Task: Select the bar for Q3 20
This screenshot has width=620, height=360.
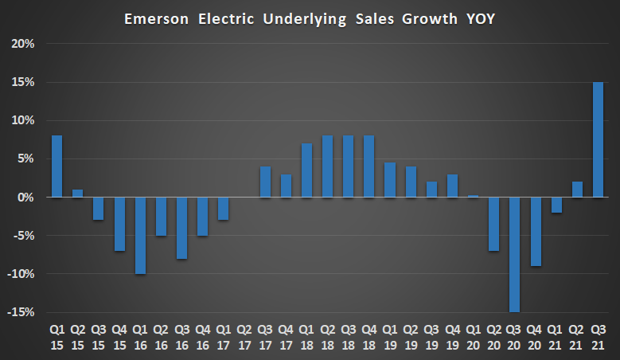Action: click(515, 254)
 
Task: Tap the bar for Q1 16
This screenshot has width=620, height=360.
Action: click(140, 235)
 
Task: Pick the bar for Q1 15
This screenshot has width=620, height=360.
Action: click(57, 166)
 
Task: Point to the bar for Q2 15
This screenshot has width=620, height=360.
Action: click(77, 193)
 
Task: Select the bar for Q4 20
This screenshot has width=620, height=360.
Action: click(536, 231)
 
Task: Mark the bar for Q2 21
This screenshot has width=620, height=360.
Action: click(577, 189)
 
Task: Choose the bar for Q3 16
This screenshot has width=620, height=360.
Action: click(181, 228)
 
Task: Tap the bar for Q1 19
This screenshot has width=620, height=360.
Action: click(390, 179)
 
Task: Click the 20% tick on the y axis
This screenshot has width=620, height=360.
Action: click(23, 44)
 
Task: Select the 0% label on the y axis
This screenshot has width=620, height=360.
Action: click(26, 197)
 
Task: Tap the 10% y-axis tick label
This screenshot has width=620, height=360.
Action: click(23, 120)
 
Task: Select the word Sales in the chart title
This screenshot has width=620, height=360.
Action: click(373, 18)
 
